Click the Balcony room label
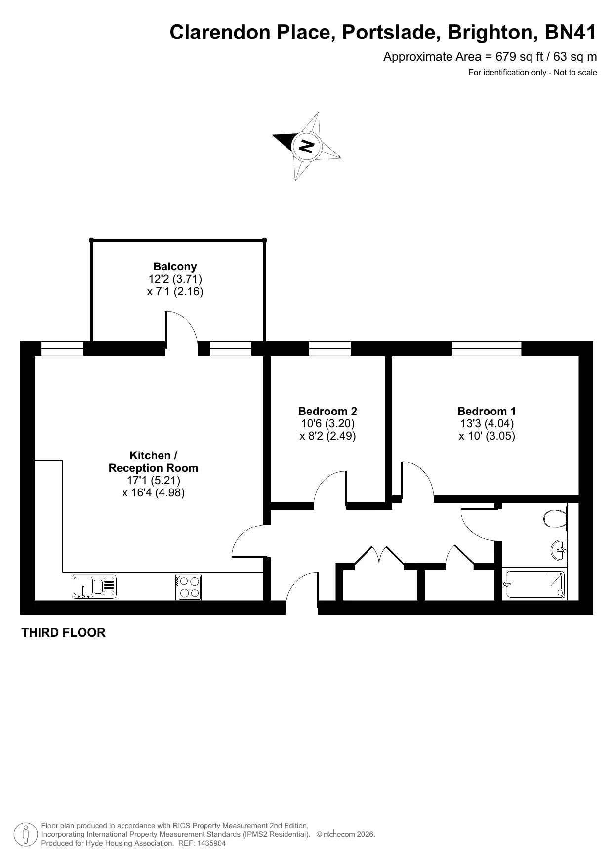[x=175, y=267]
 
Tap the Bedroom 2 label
[x=327, y=411]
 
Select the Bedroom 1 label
[x=487, y=411]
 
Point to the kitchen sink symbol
[x=94, y=587]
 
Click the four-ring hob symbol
[x=189, y=587]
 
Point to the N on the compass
[x=307, y=146]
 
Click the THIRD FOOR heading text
[x=63, y=633]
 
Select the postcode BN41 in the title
[x=571, y=33]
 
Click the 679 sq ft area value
[x=521, y=57]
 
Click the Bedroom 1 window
[x=487, y=348]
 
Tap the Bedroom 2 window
[x=330, y=348]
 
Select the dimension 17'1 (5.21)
[x=154, y=480]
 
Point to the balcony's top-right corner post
[x=264, y=240]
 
